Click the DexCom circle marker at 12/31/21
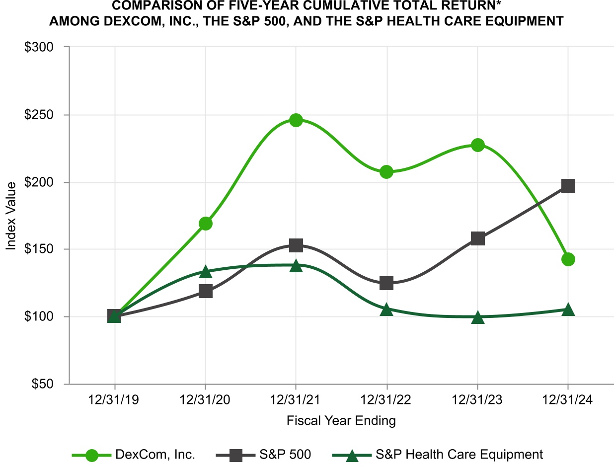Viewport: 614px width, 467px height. pos(296,120)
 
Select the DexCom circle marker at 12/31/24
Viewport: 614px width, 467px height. pos(568,259)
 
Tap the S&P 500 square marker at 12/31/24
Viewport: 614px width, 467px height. pos(568,186)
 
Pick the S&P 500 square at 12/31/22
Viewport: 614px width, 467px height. pos(386,283)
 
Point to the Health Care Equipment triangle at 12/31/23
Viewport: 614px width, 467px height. pos(477,317)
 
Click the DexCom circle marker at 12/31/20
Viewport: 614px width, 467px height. pos(206,224)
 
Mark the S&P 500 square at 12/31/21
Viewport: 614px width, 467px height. pos(296,245)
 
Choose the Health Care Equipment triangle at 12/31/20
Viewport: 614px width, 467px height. pos(206,272)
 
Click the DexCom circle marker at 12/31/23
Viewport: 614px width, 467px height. pos(477,145)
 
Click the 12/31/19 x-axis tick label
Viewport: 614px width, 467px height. pos(115,400)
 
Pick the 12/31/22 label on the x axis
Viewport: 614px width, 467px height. pos(386,400)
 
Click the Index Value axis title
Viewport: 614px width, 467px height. pos(11,215)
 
